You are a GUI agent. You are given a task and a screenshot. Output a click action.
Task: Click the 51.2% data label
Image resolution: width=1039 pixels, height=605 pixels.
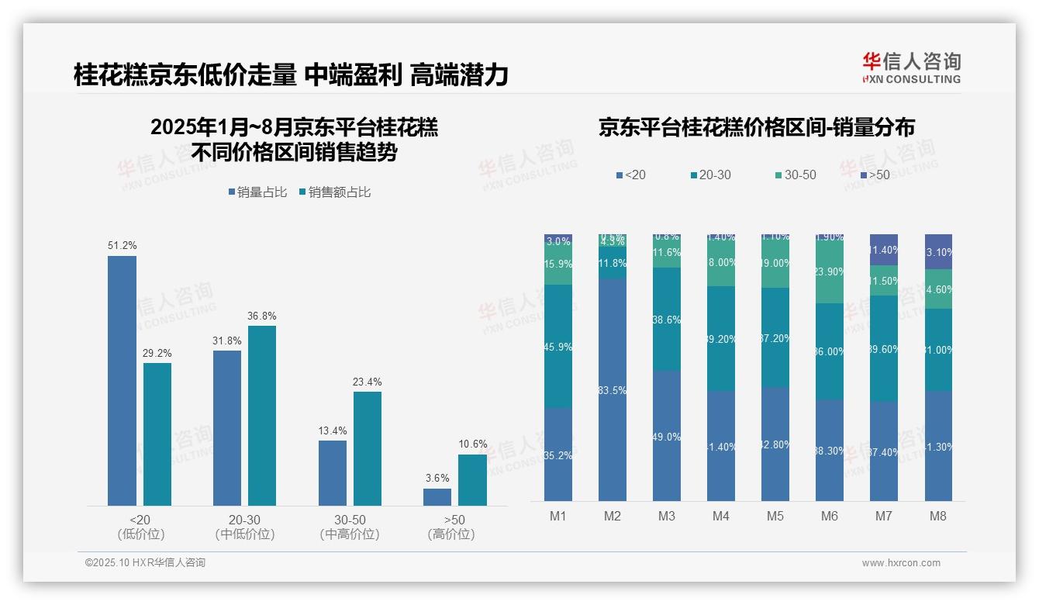click(x=122, y=246)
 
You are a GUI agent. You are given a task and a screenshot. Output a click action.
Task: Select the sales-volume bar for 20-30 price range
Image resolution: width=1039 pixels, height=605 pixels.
click(x=227, y=427)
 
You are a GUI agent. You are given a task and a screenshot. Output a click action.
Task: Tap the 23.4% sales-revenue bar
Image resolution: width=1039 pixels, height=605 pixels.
click(x=368, y=448)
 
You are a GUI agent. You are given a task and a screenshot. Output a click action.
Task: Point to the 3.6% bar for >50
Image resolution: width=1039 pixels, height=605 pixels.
click(x=437, y=496)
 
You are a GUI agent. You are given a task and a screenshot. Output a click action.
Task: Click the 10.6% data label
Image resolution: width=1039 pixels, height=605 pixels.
click(x=472, y=444)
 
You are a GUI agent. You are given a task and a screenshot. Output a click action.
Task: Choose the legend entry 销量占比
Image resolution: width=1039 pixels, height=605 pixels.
click(x=257, y=192)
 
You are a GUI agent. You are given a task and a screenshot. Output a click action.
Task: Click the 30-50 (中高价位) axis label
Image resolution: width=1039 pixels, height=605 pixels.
click(x=349, y=527)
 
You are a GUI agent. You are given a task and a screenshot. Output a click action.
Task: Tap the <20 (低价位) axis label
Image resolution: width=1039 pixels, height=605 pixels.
click(x=140, y=527)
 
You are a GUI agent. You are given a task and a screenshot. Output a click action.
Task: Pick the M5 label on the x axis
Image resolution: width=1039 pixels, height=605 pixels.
click(x=775, y=516)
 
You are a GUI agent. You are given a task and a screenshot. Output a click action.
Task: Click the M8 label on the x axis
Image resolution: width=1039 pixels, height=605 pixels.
click(x=938, y=516)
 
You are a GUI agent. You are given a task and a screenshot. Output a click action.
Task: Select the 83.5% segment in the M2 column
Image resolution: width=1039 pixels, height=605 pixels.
click(x=613, y=389)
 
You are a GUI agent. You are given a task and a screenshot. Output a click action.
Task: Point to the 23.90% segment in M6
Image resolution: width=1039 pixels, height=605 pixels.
click(x=830, y=271)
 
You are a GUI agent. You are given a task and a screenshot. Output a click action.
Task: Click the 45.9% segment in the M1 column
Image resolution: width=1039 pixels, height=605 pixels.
click(x=558, y=347)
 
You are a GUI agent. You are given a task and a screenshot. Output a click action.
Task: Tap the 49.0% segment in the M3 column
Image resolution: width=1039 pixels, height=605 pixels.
click(x=667, y=436)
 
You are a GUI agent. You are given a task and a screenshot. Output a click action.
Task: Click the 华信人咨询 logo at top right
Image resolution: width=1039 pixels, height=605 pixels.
click(x=911, y=68)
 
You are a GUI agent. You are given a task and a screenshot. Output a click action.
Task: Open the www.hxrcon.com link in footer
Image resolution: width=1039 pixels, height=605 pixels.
click(x=901, y=563)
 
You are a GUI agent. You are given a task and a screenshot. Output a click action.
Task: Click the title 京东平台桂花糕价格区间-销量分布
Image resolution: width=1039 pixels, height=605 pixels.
click(x=756, y=128)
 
